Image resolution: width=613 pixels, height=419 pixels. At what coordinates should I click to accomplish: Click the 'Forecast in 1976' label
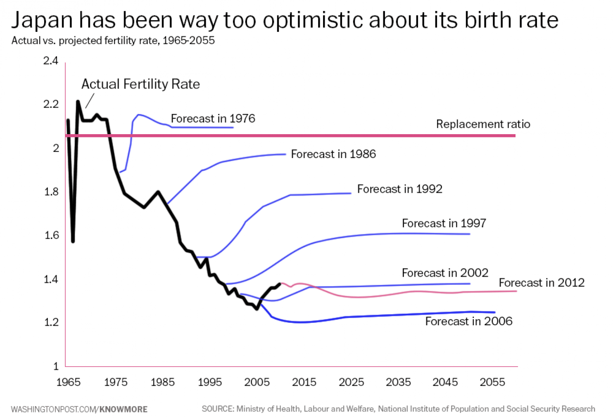coord(213,119)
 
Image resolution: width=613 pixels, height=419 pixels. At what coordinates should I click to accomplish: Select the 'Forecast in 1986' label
coord(333,154)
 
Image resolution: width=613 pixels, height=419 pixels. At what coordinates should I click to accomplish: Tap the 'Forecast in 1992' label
coord(399,189)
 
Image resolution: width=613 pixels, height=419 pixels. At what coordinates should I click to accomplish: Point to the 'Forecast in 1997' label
coord(444,223)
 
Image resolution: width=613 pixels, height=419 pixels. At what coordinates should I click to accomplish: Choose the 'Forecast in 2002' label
coord(445,273)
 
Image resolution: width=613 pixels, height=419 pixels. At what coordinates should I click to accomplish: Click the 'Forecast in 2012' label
coord(542,283)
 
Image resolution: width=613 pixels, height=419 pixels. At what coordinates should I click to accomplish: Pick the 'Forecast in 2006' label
coord(468,322)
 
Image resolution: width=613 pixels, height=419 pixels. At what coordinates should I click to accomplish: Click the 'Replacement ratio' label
coord(483,124)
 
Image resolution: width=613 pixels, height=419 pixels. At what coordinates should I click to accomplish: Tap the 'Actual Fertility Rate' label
coord(140,84)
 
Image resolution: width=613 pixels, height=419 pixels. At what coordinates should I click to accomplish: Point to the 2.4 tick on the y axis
coord(51,61)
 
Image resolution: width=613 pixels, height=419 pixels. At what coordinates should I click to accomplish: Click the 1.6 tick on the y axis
coord(52,235)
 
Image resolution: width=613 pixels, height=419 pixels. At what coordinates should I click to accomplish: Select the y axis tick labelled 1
coord(56,366)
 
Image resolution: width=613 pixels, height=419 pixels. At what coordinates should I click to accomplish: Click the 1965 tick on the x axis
coord(69,382)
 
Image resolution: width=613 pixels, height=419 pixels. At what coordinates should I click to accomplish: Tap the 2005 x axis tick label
coord(257,382)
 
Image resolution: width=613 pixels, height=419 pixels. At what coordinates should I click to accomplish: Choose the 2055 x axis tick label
coord(492,382)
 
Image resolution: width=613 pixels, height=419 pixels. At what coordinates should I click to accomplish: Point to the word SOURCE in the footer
coord(218,409)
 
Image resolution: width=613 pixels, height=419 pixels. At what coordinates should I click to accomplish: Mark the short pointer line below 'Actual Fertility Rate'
coord(90,101)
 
